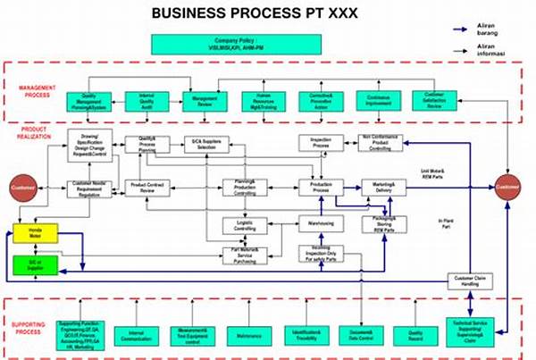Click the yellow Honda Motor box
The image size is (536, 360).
coord(35,235)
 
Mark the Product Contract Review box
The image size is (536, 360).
coord(147,187)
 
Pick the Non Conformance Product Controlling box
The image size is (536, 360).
coord(384,142)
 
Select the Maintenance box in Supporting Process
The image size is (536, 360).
coord(251,336)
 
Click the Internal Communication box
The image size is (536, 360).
coord(136,336)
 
